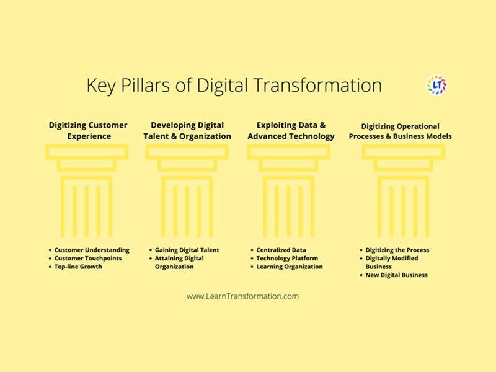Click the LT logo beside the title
pos(437,85)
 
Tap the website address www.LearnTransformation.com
pos(242,296)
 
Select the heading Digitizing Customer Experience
pos(88,131)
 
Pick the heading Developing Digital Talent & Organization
pos(187,131)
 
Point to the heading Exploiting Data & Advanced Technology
pos(291,131)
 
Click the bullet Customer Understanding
pos(92,250)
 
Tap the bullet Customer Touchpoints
pos(88,258)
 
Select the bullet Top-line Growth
pos(78,267)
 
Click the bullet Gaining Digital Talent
pos(187,250)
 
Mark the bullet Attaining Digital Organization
pos(179,262)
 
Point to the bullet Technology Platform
pos(287,258)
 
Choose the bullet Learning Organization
pos(290,267)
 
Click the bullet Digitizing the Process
pos(397,250)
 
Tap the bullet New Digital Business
pos(396,275)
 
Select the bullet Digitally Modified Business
pos(391,262)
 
